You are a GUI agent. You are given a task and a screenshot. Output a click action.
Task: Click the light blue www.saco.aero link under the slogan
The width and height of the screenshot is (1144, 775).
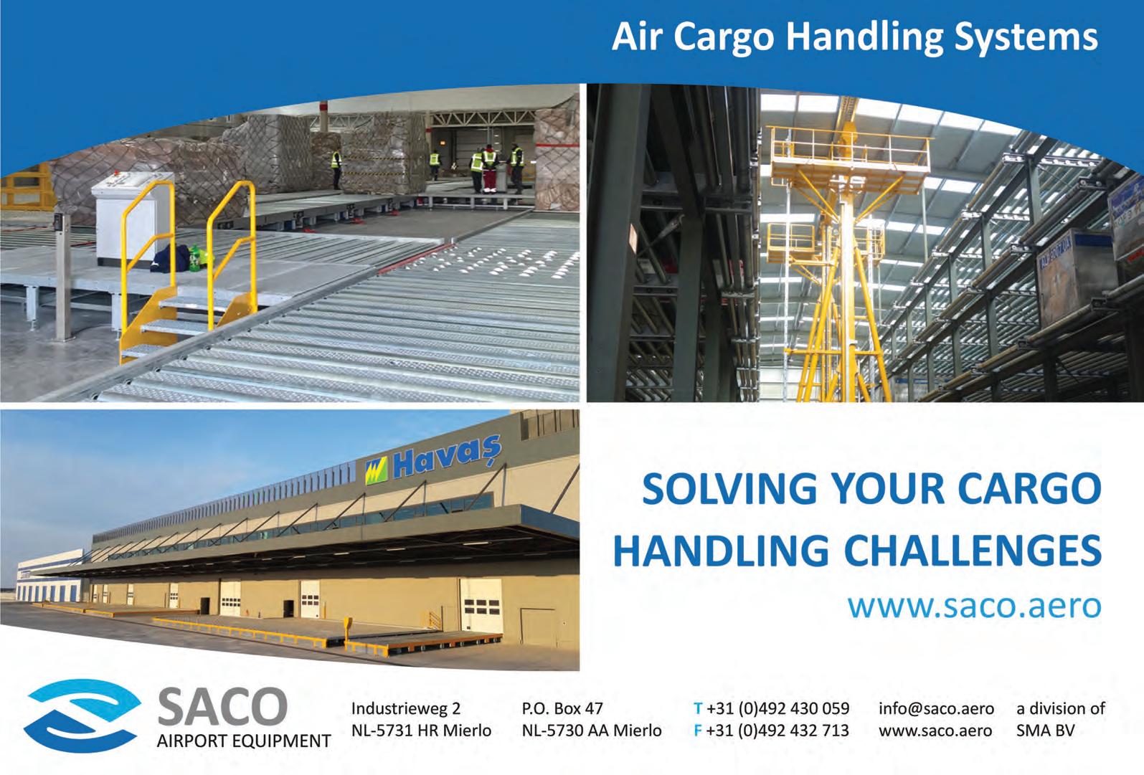975,606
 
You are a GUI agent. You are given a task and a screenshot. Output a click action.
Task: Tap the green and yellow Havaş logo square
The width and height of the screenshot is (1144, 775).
377,471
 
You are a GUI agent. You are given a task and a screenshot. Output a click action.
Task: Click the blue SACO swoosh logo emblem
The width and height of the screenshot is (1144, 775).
82,715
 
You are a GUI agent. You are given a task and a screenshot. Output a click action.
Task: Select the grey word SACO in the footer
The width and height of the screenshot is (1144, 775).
222,706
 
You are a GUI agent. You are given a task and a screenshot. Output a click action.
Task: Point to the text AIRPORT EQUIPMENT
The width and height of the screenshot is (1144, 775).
244,741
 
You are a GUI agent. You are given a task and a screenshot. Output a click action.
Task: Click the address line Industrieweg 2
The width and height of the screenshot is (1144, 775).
406,708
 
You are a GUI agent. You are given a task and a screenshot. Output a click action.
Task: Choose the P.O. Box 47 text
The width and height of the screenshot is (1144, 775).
562,708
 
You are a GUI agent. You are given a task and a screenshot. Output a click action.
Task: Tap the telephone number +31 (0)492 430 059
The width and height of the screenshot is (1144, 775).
777,708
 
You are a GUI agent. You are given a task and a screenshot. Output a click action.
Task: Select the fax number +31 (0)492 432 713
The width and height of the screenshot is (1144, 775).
777,731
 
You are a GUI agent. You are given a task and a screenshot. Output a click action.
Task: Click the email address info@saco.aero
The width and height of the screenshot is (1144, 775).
936,708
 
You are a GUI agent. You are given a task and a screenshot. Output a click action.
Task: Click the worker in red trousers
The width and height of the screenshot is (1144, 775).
489,169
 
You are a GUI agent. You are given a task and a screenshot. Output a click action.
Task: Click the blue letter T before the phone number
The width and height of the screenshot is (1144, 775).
698,708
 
